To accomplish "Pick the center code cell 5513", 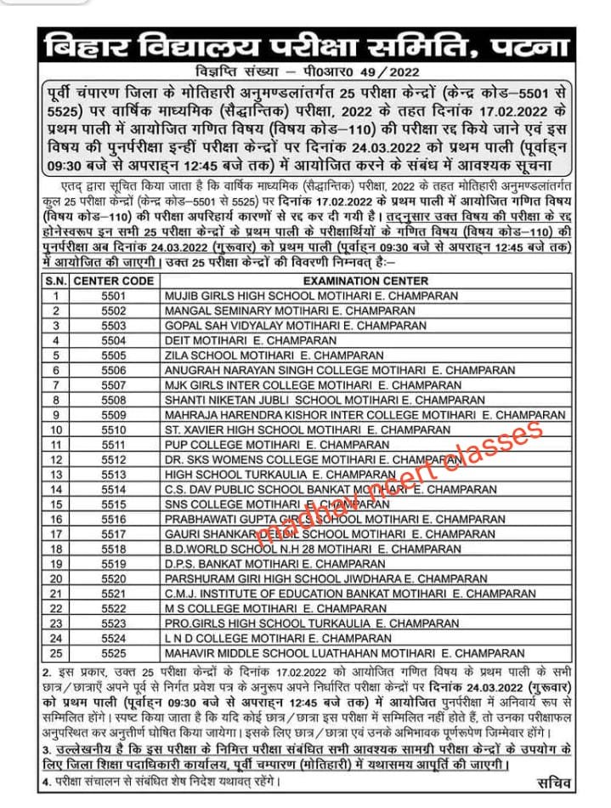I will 113,474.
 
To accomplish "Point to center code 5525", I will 113,652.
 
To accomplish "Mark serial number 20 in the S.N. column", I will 56,578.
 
